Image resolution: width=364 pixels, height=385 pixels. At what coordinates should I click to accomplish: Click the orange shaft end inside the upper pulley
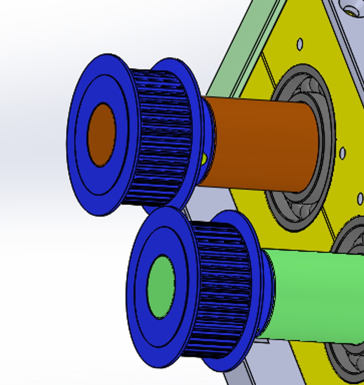click(102, 135)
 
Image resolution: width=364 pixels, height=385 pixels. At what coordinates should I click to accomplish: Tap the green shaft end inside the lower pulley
click(161, 287)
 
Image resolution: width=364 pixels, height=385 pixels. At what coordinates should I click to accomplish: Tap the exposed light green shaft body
click(314, 296)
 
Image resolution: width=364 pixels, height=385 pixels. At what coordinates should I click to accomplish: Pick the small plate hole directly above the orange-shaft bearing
click(300, 44)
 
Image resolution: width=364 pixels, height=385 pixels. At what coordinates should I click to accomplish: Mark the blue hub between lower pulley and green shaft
click(268, 292)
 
